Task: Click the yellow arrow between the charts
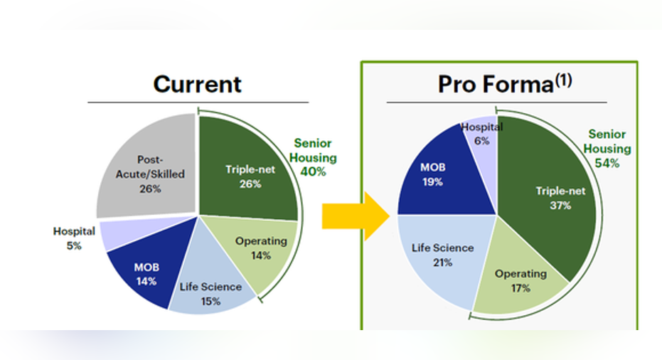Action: tap(356, 216)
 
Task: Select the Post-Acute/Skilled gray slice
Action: tap(148, 169)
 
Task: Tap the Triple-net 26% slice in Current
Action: tap(249, 169)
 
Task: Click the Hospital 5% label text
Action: tap(74, 238)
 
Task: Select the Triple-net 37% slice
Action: tap(553, 198)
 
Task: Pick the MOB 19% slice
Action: tap(439, 177)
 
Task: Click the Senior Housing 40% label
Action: tap(313, 157)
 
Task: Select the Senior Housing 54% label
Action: tap(607, 149)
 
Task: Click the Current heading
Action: tap(197, 84)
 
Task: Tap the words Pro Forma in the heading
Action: tap(496, 84)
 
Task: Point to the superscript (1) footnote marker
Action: tap(564, 80)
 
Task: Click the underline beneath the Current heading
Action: tap(198, 102)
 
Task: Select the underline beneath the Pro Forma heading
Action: tap(496, 102)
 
